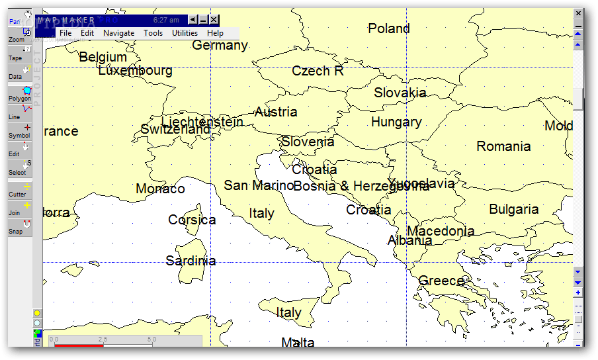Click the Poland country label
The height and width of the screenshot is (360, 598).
(389, 28)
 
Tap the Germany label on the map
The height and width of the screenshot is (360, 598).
(220, 45)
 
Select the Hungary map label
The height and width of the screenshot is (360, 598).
(396, 122)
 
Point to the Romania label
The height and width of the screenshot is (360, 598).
(503, 146)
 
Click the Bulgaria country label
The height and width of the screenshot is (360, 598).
(513, 209)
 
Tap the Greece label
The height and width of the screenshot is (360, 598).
(441, 281)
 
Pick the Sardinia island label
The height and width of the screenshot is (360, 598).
(191, 261)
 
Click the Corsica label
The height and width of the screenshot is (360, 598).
(192, 220)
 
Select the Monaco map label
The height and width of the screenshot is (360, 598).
(160, 189)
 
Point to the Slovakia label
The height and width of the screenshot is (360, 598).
(400, 93)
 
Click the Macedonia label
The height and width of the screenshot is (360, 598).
(441, 231)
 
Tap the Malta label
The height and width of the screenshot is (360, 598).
(298, 342)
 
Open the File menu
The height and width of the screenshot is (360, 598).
(65, 33)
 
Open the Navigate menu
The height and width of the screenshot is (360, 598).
(118, 33)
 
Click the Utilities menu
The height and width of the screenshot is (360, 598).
(185, 33)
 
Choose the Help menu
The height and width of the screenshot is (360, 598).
(215, 33)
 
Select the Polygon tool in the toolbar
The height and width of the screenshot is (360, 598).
(20, 94)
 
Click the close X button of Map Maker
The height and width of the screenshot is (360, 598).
(214, 20)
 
